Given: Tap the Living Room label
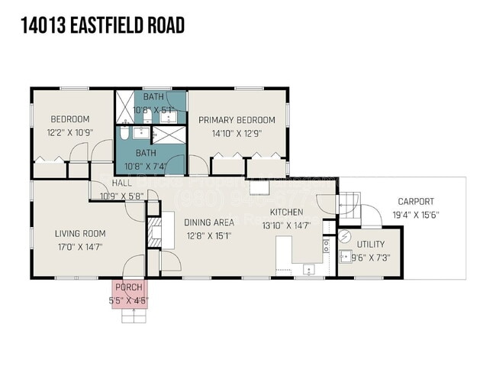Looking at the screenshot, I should (79, 233).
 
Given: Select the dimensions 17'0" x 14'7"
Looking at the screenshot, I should (79, 246).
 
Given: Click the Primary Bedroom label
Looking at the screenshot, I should (237, 120).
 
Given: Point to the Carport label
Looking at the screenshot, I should (416, 202).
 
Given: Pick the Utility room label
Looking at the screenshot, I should (371, 244).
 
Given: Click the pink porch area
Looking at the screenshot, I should (127, 293).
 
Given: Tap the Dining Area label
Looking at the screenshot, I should (209, 222).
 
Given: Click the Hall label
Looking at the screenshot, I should (121, 183).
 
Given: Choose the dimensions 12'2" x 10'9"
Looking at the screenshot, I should (70, 132).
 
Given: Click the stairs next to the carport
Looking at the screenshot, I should (349, 202).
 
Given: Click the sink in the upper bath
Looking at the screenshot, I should (176, 115).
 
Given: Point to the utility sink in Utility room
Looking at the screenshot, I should (327, 245).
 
